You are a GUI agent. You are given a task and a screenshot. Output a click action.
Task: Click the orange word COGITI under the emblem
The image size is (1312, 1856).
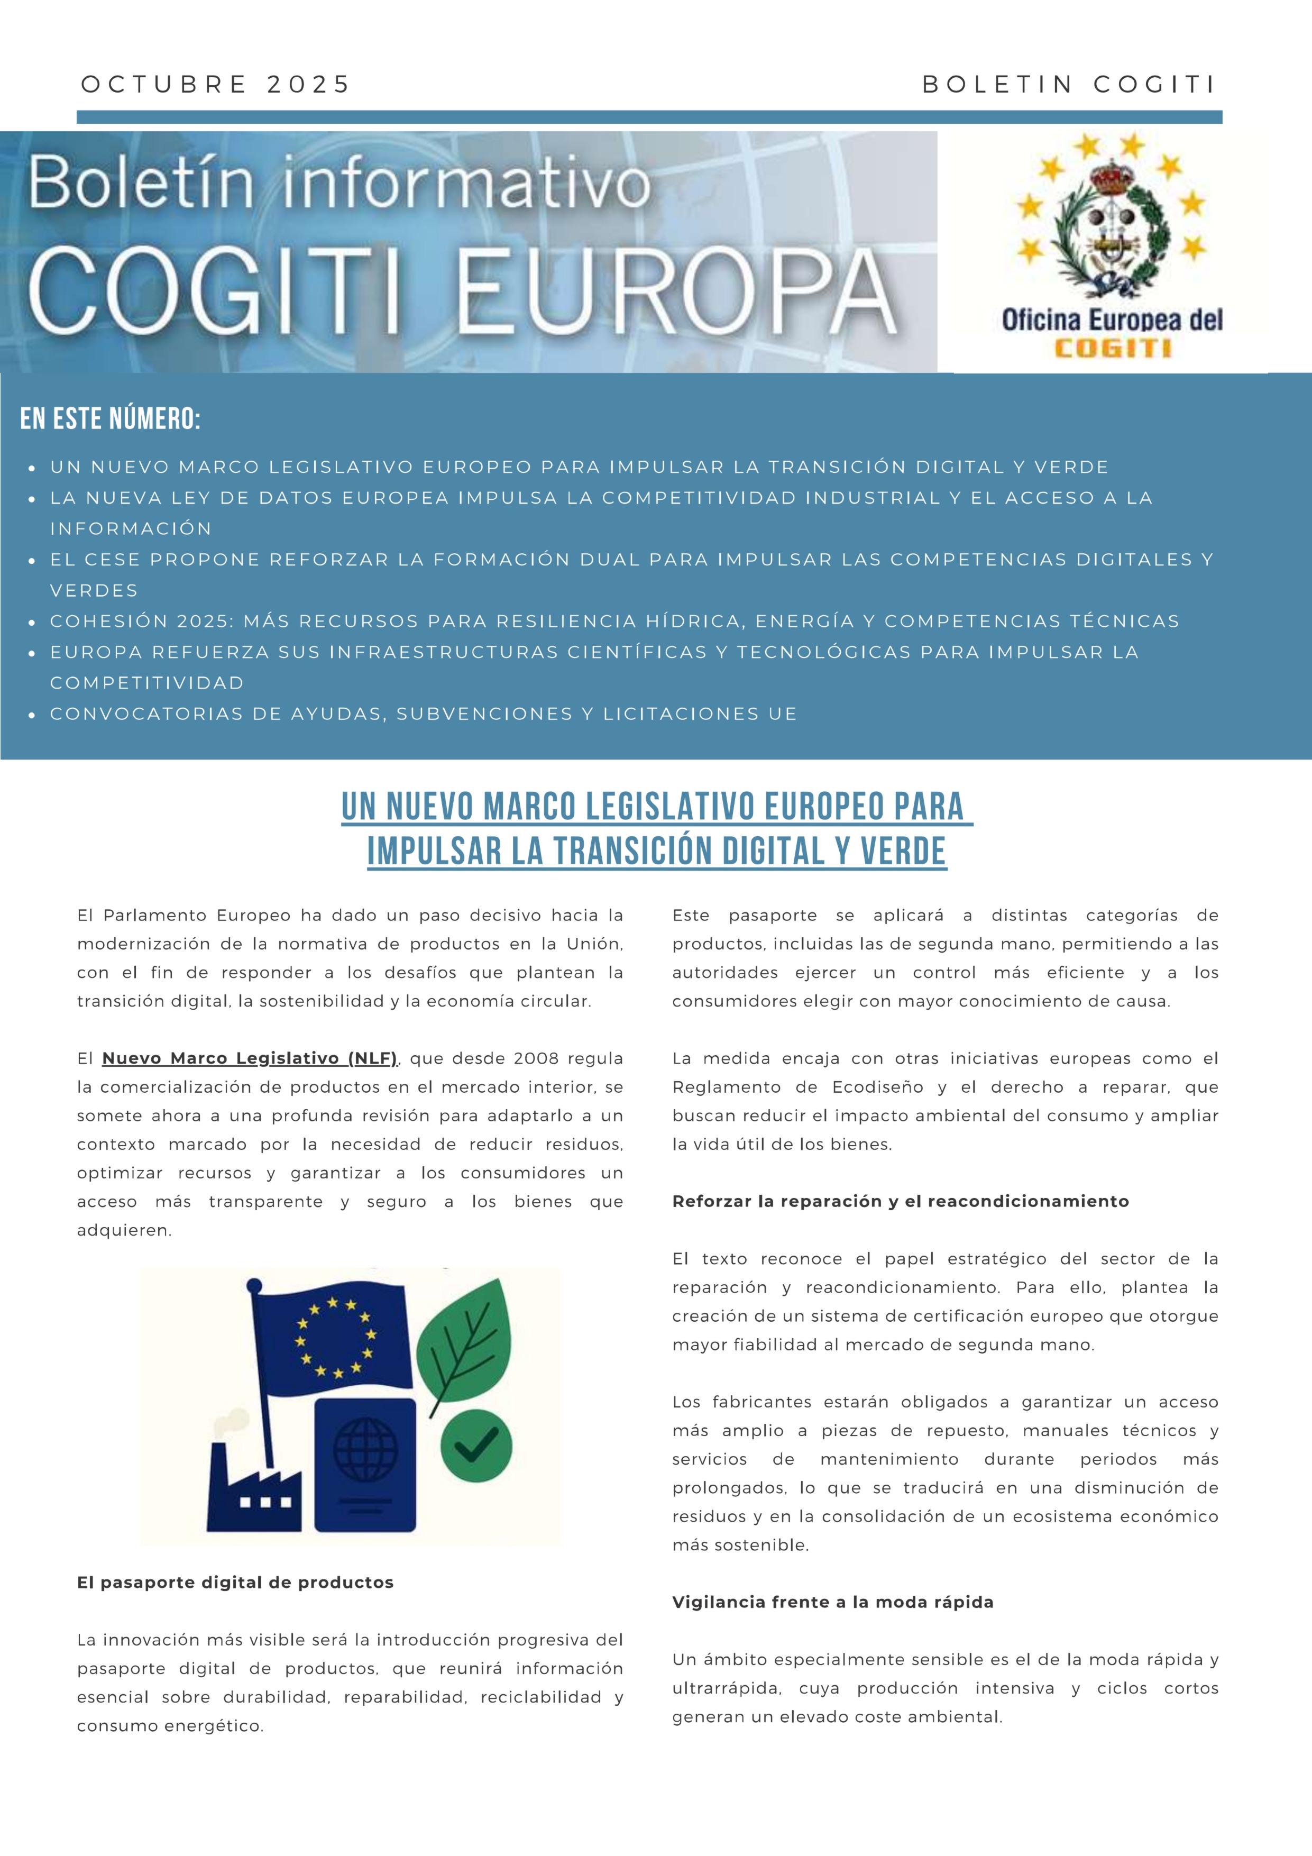[x=1112, y=349]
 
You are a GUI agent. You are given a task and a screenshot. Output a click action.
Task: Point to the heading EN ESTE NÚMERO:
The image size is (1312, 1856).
[x=110, y=419]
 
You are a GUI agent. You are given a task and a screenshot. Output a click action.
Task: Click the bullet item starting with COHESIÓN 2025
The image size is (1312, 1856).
[x=614, y=621]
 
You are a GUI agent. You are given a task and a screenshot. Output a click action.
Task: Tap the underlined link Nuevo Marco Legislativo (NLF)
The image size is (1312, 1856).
[x=250, y=1058]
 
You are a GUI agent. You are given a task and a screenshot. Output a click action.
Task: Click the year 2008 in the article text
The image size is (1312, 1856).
[x=535, y=1058]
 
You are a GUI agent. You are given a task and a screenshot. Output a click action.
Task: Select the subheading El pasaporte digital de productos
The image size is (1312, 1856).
[x=235, y=1583]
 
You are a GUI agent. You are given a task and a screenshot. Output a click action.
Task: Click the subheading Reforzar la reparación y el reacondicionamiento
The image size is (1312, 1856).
[x=900, y=1201]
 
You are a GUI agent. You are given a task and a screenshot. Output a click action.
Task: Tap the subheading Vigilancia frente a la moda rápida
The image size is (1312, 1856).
[x=833, y=1602]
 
